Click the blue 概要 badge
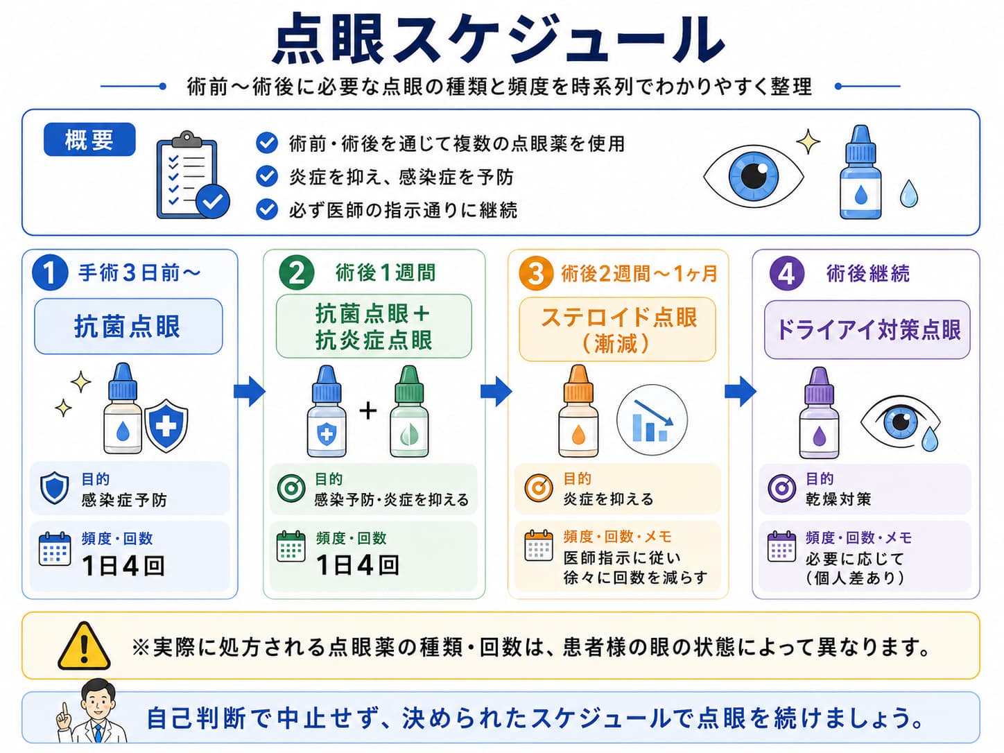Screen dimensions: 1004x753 (x=89, y=139)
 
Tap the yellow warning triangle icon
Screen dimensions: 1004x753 (x=84, y=646)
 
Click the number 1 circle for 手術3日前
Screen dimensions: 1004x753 (x=50, y=273)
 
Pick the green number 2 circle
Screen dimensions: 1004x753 (x=296, y=273)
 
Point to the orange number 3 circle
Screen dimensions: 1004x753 (x=536, y=273)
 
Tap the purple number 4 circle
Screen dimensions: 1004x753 (x=786, y=273)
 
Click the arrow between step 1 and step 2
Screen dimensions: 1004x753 (x=250, y=391)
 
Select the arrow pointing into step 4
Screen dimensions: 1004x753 (x=741, y=391)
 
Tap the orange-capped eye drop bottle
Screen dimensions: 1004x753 (x=578, y=411)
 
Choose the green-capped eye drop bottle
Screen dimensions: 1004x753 (x=409, y=411)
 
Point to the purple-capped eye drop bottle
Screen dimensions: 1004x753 (x=819, y=413)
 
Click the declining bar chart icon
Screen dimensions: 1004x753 (x=652, y=420)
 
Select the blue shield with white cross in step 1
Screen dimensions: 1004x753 (x=166, y=426)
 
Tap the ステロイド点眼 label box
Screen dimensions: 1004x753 (x=618, y=329)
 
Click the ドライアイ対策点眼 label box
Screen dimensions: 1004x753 (x=867, y=329)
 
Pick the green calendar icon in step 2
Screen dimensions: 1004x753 (x=291, y=546)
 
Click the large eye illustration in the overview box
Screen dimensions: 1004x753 (x=753, y=175)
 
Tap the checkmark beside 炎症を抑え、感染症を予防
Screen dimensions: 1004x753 (x=267, y=177)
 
